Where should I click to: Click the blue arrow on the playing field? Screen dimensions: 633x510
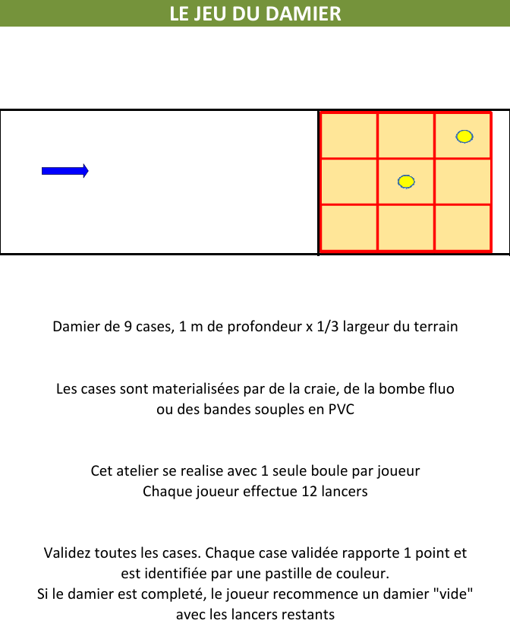tap(65, 171)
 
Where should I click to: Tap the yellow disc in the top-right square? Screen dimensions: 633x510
tap(464, 137)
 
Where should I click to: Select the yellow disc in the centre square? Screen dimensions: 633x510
tap(406, 182)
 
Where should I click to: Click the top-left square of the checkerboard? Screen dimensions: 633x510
tap(349, 135)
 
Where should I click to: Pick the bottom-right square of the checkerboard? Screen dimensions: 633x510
tap(463, 227)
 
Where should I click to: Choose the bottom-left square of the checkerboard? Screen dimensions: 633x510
tap(349, 227)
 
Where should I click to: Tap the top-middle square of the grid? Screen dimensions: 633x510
tap(406, 135)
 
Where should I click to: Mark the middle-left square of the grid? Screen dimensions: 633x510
tap(349, 182)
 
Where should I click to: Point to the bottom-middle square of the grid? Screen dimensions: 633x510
tap(406, 227)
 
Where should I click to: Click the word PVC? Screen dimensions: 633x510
tap(341, 409)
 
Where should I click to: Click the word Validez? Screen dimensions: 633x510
tap(68, 553)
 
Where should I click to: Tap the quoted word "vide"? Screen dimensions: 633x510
tap(454, 593)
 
